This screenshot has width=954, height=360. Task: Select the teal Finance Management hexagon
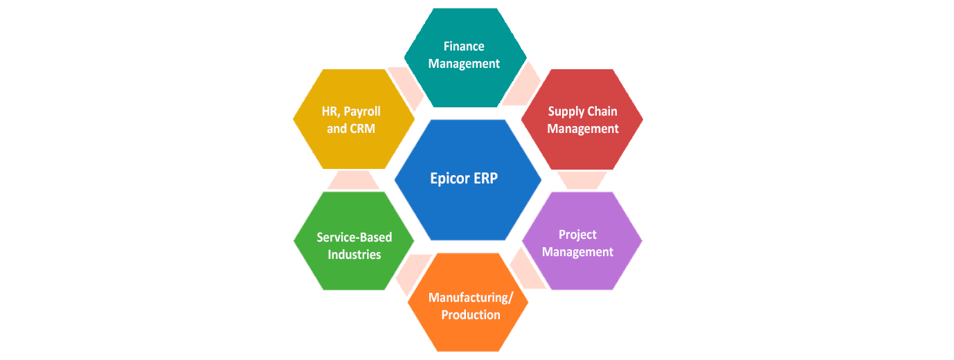[x=465, y=83]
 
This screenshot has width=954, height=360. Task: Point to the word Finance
[x=464, y=46]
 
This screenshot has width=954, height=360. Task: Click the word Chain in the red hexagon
[x=602, y=111]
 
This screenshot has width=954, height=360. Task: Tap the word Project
[x=577, y=235]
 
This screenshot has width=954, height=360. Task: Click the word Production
[x=471, y=315]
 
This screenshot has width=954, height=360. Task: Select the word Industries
[x=354, y=255]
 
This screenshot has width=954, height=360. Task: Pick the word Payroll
[x=363, y=111]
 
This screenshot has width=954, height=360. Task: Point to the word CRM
[x=366, y=129]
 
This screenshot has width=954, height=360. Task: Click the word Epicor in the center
[x=451, y=178]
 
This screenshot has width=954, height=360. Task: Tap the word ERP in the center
[x=486, y=178]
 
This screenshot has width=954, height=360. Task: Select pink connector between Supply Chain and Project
[x=582, y=180]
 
